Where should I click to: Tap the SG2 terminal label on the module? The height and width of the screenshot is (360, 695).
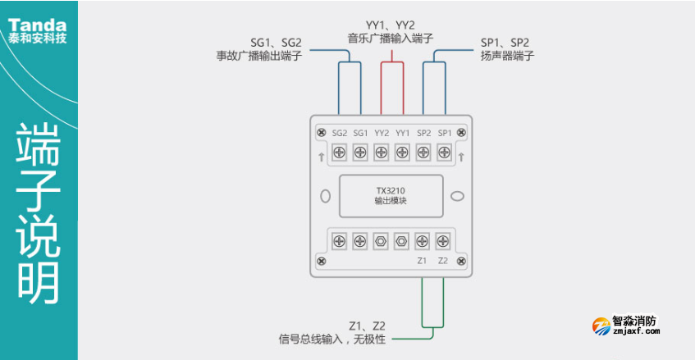click(340, 133)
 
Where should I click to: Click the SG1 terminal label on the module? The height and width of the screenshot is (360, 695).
click(360, 133)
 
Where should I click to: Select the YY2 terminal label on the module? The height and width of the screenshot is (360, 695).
click(382, 133)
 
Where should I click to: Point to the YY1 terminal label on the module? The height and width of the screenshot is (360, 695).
click(402, 133)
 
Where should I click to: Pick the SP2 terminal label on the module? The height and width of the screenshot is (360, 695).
click(423, 133)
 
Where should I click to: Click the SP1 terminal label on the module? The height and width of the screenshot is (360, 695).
click(444, 133)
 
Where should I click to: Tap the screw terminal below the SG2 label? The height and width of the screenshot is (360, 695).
click(340, 153)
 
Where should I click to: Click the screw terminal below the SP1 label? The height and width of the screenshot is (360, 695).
click(444, 153)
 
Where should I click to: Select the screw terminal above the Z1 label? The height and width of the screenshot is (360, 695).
click(422, 241)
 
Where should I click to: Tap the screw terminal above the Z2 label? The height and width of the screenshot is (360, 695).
click(443, 241)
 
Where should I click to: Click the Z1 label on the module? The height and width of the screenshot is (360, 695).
click(422, 261)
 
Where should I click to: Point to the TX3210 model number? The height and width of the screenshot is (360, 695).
click(391, 191)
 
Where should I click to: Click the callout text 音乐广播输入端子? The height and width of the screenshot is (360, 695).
click(388, 38)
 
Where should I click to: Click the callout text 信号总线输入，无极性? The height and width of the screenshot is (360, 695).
click(331, 339)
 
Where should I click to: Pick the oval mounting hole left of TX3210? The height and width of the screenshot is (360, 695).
click(326, 197)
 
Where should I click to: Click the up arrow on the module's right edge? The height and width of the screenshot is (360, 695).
click(461, 156)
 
